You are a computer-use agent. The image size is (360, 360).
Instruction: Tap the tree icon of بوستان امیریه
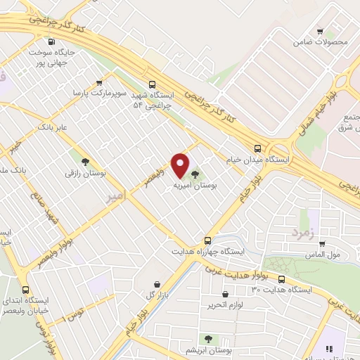[195, 174]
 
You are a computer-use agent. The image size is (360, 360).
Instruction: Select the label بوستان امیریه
[195, 186]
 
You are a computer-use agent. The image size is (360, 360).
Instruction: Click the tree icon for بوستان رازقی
[85, 161]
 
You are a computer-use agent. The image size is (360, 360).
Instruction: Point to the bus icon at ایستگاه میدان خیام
[258, 148]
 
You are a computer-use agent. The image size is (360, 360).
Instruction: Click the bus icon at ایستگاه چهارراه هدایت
[207, 239]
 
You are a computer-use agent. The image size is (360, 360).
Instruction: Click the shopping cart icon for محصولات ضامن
[321, 31]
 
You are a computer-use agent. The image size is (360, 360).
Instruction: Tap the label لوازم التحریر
[219, 304]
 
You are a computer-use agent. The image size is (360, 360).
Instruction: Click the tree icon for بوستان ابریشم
[207, 338]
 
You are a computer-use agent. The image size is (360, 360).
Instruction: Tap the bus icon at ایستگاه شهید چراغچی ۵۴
[153, 82]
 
